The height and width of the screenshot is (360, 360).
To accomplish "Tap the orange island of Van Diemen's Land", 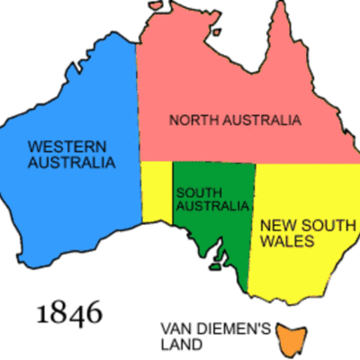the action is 290,338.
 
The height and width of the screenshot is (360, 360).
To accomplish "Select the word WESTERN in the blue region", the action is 64,147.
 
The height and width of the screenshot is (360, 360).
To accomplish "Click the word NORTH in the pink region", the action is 193,120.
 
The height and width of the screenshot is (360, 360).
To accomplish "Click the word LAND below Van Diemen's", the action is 181,343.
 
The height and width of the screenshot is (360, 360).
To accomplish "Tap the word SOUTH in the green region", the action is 196,192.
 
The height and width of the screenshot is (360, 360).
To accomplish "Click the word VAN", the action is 175,328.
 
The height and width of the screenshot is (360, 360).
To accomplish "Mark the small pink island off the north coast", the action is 215,33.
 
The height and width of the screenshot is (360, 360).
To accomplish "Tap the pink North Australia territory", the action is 225,81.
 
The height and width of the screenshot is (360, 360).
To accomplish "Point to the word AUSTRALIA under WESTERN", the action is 71,163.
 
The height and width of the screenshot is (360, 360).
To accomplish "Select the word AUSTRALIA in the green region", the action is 212,206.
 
